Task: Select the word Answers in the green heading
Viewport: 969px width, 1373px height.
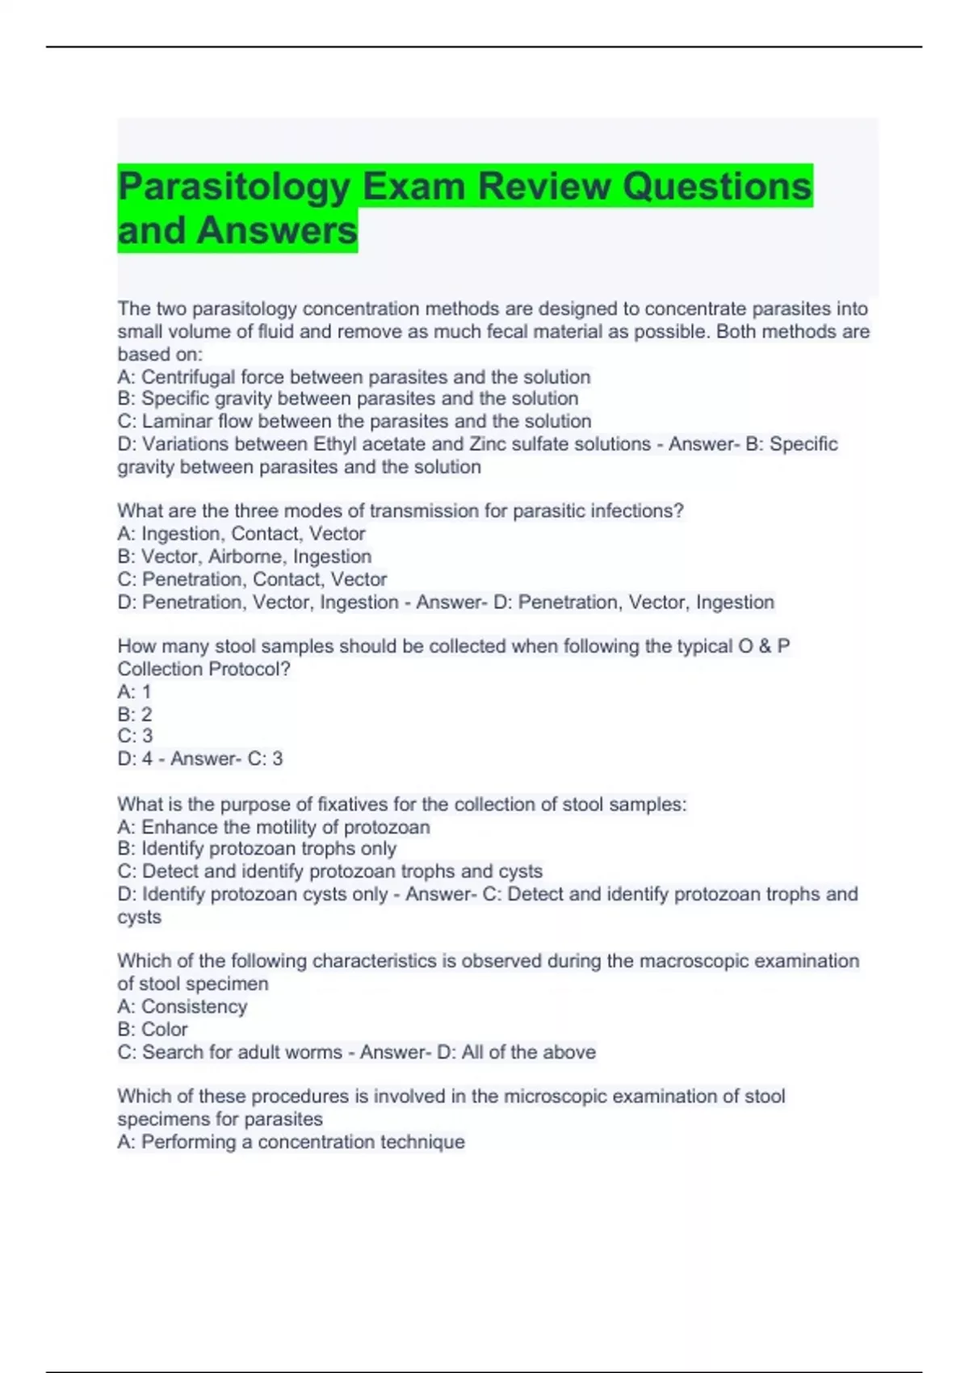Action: coord(276,231)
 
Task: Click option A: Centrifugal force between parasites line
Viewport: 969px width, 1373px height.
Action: coord(354,377)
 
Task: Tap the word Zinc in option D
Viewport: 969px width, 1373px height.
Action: coord(488,444)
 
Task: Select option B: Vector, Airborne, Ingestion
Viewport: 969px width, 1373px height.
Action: coord(244,556)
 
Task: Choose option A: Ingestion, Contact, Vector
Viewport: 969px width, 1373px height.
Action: coord(241,534)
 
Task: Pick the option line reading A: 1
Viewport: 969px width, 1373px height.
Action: coord(134,692)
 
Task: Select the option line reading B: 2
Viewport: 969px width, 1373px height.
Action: coord(134,715)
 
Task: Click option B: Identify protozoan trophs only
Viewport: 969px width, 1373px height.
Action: coord(257,849)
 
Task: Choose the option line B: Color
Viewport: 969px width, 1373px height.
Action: coord(153,1030)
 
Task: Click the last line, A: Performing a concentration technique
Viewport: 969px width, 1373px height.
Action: coord(291,1142)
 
